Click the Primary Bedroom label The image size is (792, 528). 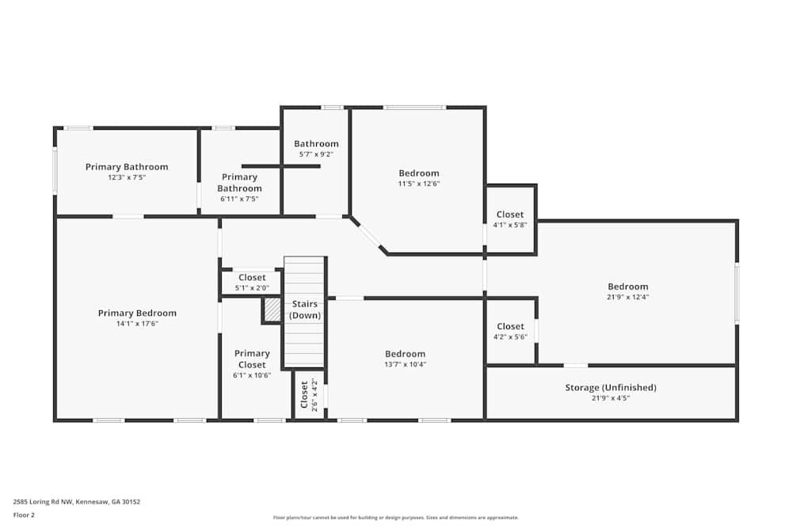(137, 313)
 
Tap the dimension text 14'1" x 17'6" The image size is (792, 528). (137, 324)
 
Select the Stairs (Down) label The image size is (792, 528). (305, 310)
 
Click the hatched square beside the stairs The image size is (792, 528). (272, 310)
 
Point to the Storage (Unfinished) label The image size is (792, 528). (611, 388)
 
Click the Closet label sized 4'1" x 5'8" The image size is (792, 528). (510, 215)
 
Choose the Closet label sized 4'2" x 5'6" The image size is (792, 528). (510, 326)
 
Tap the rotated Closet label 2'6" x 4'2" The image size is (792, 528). (304, 394)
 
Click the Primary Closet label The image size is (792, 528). (252, 359)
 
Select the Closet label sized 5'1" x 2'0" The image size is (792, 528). (252, 278)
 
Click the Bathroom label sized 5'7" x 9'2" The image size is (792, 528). (316, 144)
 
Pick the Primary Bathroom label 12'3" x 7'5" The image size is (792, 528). (127, 167)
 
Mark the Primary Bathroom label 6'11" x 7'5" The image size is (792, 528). (239, 183)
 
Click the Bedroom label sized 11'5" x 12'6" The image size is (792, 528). (418, 173)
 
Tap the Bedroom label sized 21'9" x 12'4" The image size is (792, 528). (627, 287)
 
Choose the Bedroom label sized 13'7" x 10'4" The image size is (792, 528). (405, 354)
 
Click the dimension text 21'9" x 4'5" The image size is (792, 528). (611, 398)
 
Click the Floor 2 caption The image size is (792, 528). (24, 515)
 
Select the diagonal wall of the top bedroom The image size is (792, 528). (369, 236)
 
